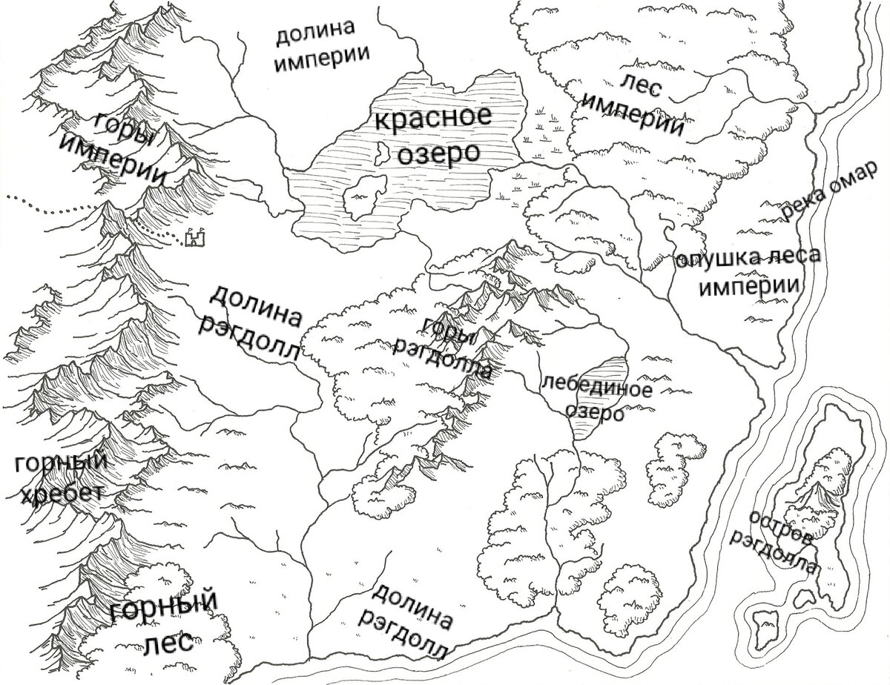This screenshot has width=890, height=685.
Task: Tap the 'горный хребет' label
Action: click(x=61, y=479)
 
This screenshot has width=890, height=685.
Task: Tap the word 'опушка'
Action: click(x=711, y=260)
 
